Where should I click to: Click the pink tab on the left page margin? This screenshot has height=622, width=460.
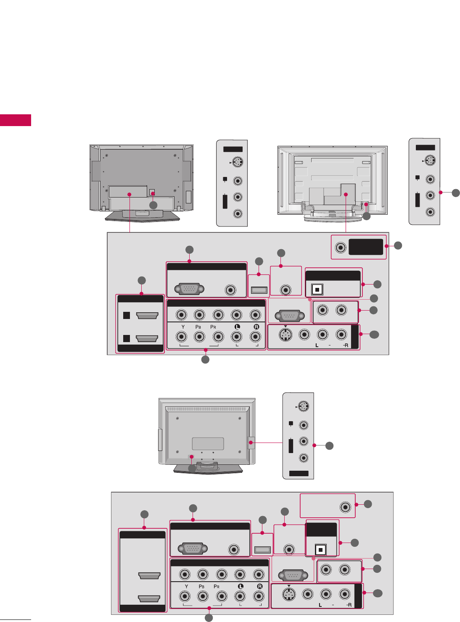pyautogui.click(x=16, y=120)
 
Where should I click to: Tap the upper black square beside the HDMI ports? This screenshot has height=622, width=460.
pyautogui.click(x=127, y=316)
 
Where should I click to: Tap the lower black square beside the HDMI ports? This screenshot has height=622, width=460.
pyautogui.click(x=127, y=338)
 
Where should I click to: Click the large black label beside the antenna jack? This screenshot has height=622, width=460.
pyautogui.click(x=366, y=247)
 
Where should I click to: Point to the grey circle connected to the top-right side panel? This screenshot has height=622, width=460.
pyautogui.click(x=456, y=192)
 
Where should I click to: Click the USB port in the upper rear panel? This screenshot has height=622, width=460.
pyautogui.click(x=259, y=290)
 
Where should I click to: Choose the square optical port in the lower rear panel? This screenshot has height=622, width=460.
pyautogui.click(x=321, y=550)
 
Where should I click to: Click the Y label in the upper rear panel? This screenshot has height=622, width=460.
pyautogui.click(x=183, y=327)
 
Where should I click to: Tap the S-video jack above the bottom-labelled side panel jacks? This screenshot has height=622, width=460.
pyautogui.click(x=304, y=406)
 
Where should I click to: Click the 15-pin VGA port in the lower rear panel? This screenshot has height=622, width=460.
pyautogui.click(x=193, y=549)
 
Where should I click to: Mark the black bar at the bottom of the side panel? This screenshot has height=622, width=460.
pyautogui.click(x=299, y=474)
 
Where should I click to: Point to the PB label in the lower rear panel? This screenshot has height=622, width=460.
pyautogui.click(x=202, y=586)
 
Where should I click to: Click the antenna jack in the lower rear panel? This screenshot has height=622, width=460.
pyautogui.click(x=345, y=507)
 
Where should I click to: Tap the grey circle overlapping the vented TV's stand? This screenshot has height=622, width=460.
pyautogui.click(x=192, y=468)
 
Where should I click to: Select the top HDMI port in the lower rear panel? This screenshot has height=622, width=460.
pyautogui.click(x=149, y=576)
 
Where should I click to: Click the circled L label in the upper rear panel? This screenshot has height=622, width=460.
pyautogui.click(x=237, y=327)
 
